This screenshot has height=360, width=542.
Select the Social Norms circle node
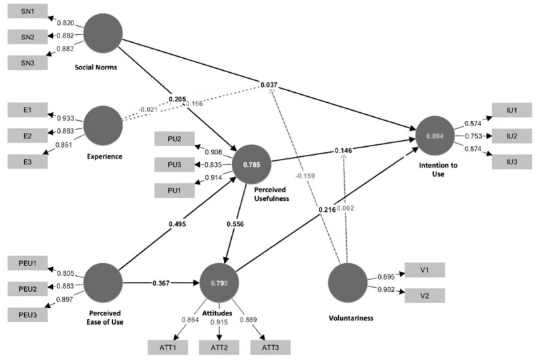click(x=104, y=33)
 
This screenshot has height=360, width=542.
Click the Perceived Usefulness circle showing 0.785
click(x=251, y=164)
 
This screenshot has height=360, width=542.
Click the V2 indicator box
click(x=425, y=295)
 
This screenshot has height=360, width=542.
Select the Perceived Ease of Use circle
click(x=104, y=284)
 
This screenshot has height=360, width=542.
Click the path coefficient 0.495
click(x=175, y=224)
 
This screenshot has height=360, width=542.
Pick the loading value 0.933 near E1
click(x=66, y=116)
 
